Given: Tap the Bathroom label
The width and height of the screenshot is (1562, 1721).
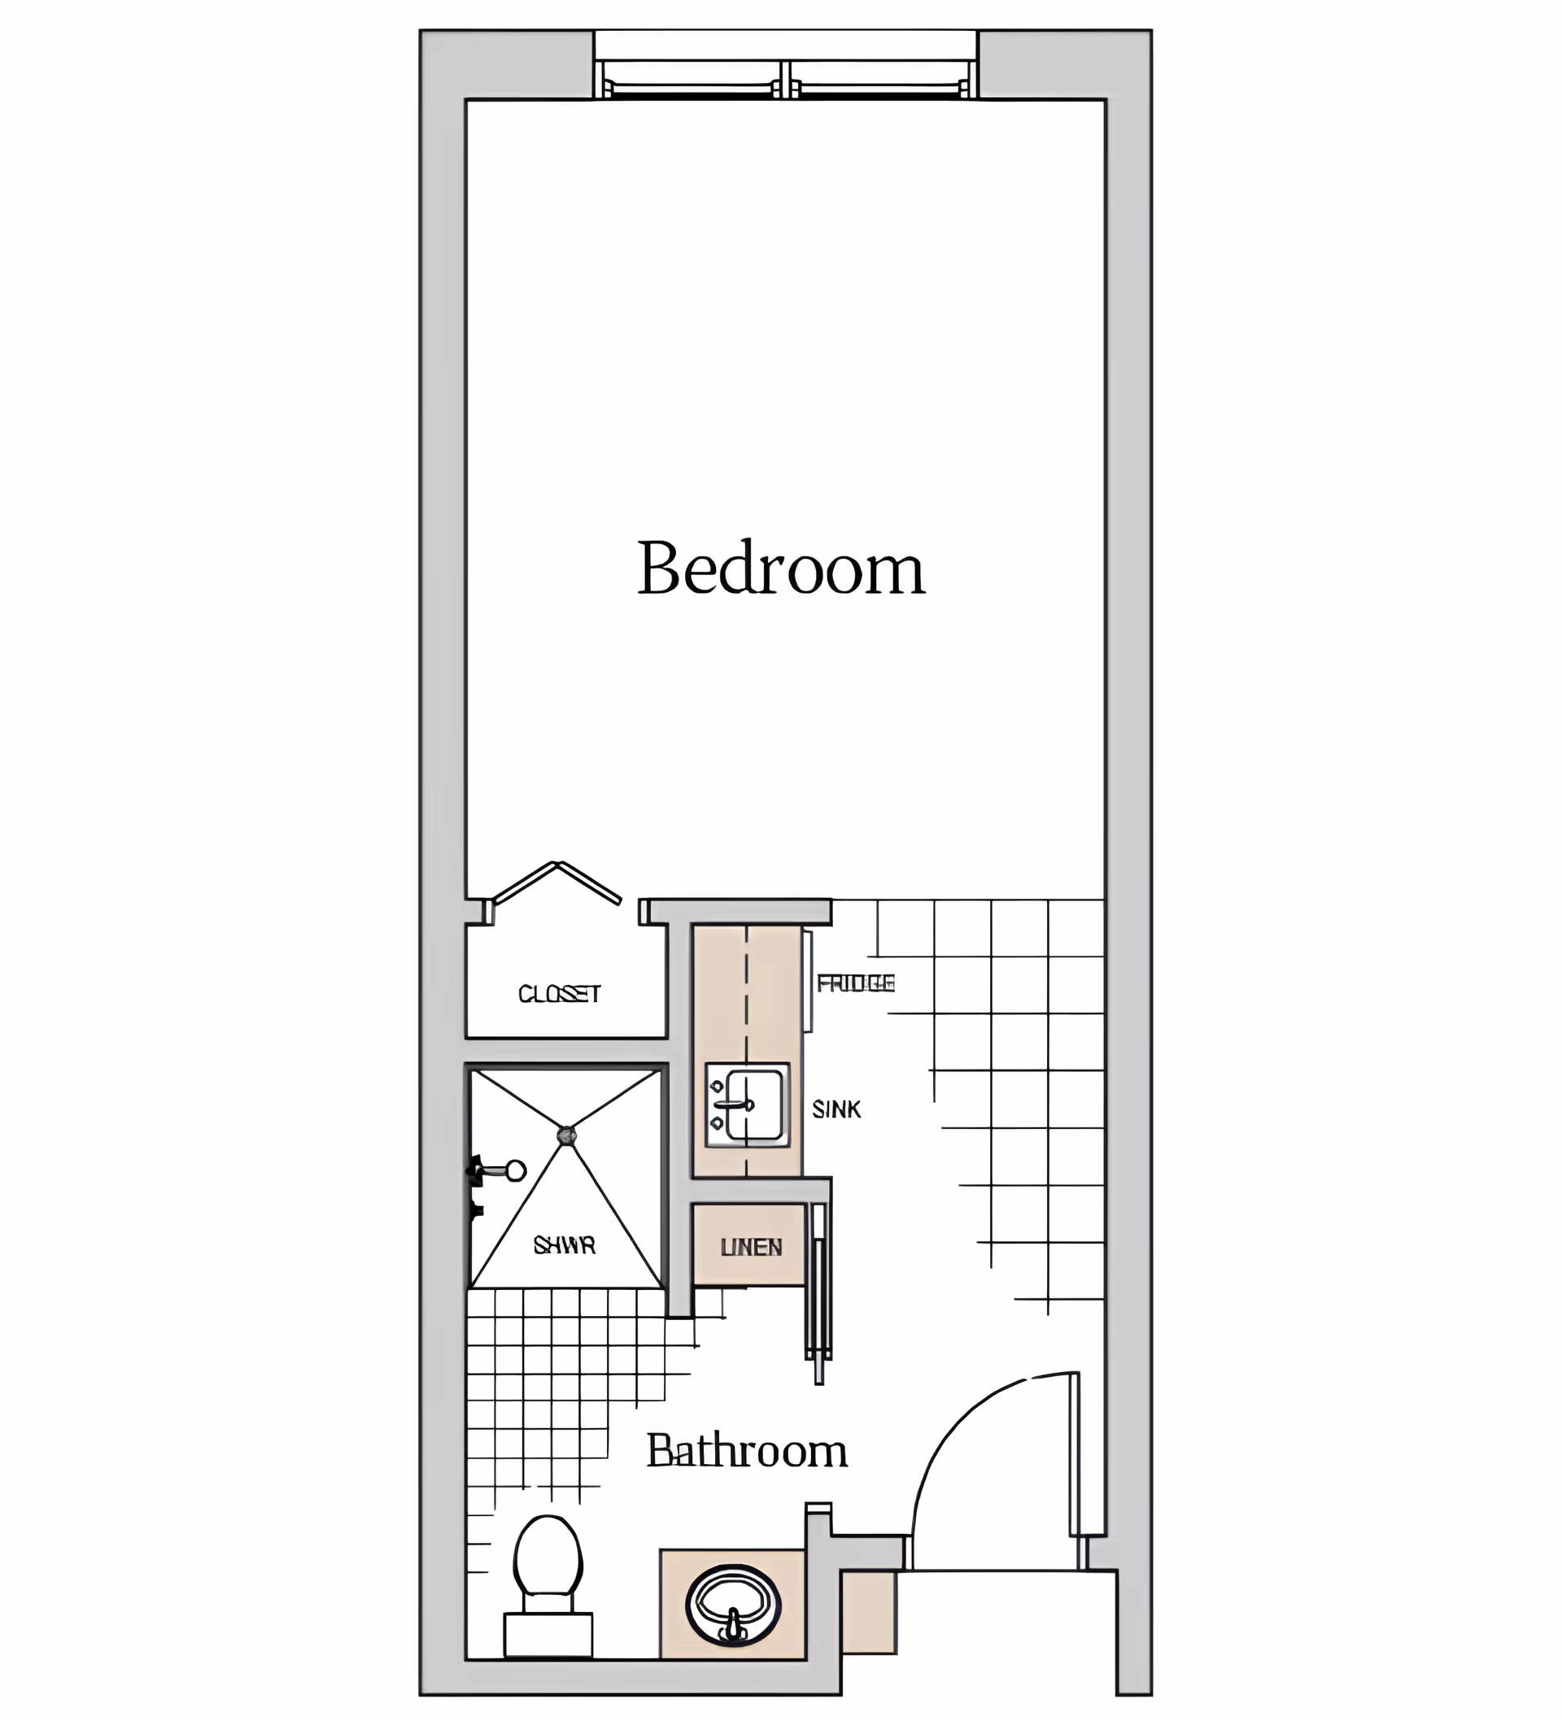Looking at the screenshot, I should click(746, 1451).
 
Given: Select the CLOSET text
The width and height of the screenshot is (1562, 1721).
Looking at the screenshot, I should click(560, 994).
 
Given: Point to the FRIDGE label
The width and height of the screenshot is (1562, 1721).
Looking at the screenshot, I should click(856, 983).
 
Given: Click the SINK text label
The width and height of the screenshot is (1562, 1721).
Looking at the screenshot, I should click(836, 1109).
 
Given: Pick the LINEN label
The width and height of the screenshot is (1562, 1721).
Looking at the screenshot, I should click(751, 1247).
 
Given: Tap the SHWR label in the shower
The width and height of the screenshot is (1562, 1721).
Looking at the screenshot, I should click(565, 1245).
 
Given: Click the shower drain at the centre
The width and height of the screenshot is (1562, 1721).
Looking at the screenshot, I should click(566, 1135).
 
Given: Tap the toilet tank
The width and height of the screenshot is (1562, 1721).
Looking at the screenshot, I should click(548, 1633).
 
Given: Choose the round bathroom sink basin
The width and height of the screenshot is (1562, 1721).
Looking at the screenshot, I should click(733, 1605).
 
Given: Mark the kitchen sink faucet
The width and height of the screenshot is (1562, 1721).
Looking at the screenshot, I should click(733, 1104).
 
